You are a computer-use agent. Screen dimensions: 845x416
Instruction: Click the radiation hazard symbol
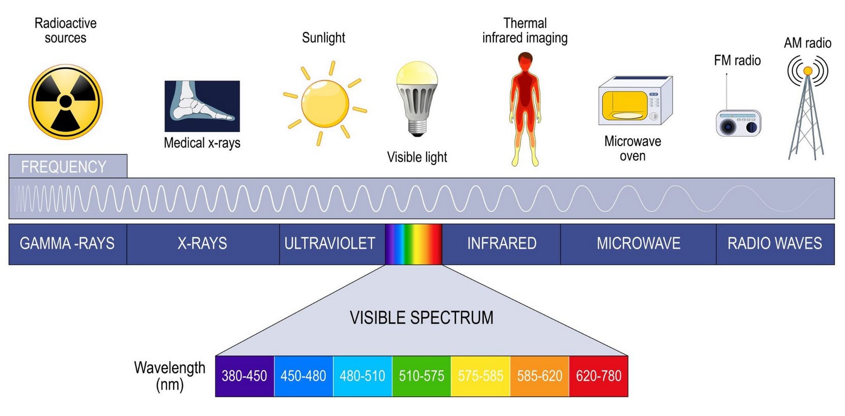pyautogui.click(x=66, y=102)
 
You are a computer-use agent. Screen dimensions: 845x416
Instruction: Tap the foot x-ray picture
pyautogui.click(x=202, y=106)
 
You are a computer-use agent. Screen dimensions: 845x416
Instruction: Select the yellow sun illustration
pyautogui.click(x=325, y=103)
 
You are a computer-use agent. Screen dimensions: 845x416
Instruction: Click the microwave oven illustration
pyautogui.click(x=635, y=101)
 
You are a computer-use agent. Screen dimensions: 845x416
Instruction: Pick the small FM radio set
pyautogui.click(x=738, y=123)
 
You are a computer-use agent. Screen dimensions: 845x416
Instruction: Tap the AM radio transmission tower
pyautogui.click(x=806, y=117)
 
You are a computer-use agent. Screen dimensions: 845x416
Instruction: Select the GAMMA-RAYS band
pyautogui.click(x=68, y=244)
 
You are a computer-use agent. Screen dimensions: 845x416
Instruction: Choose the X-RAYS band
pyautogui.click(x=202, y=244)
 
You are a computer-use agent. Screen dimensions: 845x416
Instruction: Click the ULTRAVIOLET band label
pyautogui.click(x=330, y=244)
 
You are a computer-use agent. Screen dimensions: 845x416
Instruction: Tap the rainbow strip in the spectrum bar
pyautogui.click(x=413, y=244)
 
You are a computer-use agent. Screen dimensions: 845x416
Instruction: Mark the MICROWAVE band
pyautogui.click(x=638, y=244)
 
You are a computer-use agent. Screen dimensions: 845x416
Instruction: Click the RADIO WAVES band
pyautogui.click(x=775, y=244)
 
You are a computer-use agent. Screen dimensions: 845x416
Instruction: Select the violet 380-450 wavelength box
pyautogui.click(x=244, y=376)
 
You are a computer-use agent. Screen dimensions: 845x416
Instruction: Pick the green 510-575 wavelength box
pyautogui.click(x=421, y=376)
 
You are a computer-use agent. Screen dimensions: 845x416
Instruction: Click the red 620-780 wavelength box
pyautogui.click(x=599, y=376)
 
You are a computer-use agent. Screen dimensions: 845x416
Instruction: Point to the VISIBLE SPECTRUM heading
pyautogui.click(x=421, y=318)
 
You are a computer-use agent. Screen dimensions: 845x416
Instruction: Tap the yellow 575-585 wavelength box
pyautogui.click(x=480, y=376)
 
